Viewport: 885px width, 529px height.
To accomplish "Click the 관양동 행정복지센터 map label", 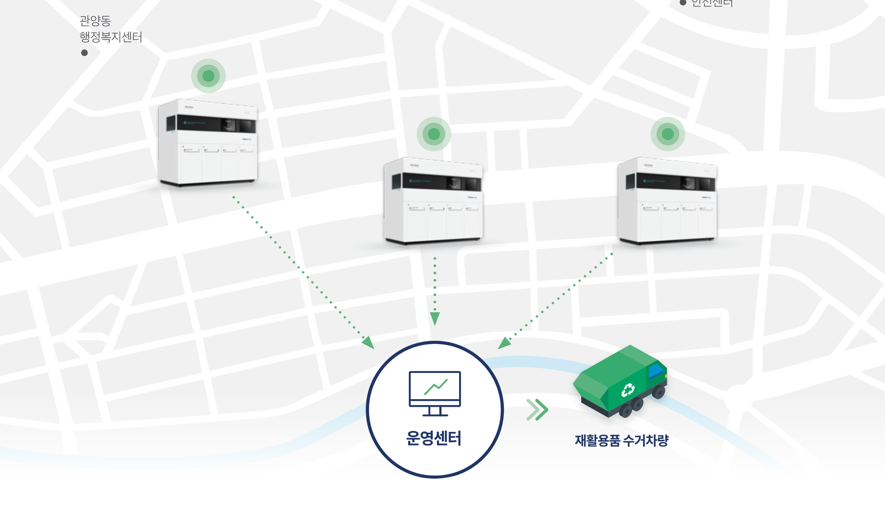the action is click(111, 29).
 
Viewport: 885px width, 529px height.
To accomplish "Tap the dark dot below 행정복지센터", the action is click(84, 53).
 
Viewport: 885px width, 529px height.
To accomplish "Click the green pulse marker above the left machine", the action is click(208, 76).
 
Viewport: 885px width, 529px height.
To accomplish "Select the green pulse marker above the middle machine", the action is click(434, 134).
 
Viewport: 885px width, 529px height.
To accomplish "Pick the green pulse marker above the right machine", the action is click(667, 134).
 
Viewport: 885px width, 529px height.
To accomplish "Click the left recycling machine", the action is click(207, 143).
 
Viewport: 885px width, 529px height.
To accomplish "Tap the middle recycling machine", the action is click(433, 201).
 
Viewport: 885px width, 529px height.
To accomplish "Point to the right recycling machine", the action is click(667, 201).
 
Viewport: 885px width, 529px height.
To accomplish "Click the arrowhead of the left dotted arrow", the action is click(369, 343).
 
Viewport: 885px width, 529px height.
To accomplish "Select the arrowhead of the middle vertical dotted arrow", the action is click(435, 319).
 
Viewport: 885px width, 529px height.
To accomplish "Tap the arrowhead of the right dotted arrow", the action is click(504, 343).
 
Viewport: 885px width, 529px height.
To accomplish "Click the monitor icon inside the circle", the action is click(435, 393).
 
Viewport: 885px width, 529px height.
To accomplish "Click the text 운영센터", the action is click(434, 438).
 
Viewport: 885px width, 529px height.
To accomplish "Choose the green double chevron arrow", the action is click(537, 409).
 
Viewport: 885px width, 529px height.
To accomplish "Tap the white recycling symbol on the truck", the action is click(627, 390).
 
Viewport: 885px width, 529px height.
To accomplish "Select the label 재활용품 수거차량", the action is click(621, 441).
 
